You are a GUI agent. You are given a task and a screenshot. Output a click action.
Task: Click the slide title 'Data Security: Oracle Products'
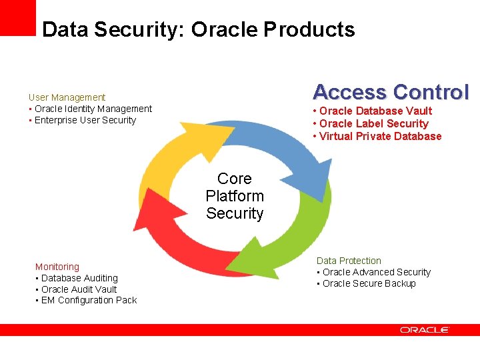coord(198,29)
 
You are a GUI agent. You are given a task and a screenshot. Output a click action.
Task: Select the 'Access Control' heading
coord(391,92)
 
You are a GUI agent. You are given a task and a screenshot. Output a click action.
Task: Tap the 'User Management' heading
coord(67,97)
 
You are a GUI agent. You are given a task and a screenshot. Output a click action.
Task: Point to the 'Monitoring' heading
coord(57,267)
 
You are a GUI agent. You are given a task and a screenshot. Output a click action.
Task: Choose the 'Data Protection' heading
coord(349,261)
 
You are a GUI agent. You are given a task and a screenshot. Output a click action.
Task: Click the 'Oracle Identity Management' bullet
coord(93,109)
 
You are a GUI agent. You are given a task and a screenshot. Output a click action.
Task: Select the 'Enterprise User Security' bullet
coord(85,120)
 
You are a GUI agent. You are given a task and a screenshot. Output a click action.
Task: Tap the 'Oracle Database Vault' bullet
coord(375,111)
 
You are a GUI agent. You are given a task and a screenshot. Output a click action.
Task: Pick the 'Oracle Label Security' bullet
coord(373,123)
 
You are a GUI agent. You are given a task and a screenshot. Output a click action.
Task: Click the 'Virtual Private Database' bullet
coord(380,136)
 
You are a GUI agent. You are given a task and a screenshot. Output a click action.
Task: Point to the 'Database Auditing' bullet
coord(79,278)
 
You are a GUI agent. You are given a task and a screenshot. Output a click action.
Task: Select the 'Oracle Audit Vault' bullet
coord(79,289)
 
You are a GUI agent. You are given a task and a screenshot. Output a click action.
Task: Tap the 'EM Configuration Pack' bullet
coord(89,300)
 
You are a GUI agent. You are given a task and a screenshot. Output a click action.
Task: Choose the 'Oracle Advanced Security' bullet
coord(377,272)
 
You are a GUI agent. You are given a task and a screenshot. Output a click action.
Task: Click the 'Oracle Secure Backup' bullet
coord(369,283)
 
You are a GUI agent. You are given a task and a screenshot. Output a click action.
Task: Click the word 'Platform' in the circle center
coord(235,196)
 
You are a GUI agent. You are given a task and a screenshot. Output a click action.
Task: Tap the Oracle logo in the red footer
coord(425,330)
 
